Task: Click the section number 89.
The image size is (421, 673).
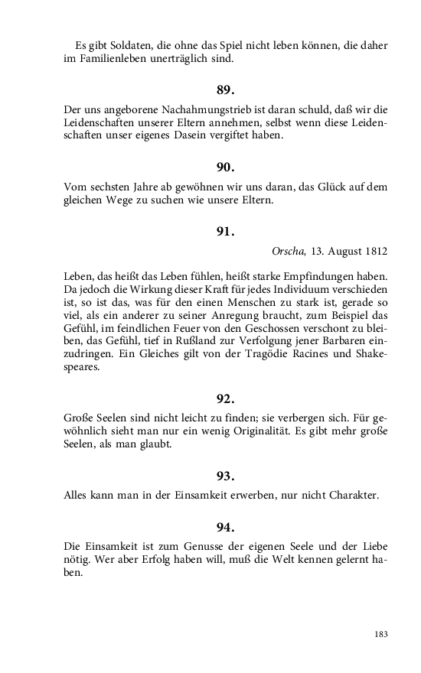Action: [x=225, y=90]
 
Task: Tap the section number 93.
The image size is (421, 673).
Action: [x=225, y=476]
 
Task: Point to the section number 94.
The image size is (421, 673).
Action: [x=225, y=527]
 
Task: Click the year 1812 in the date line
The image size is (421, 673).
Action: [x=375, y=251]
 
